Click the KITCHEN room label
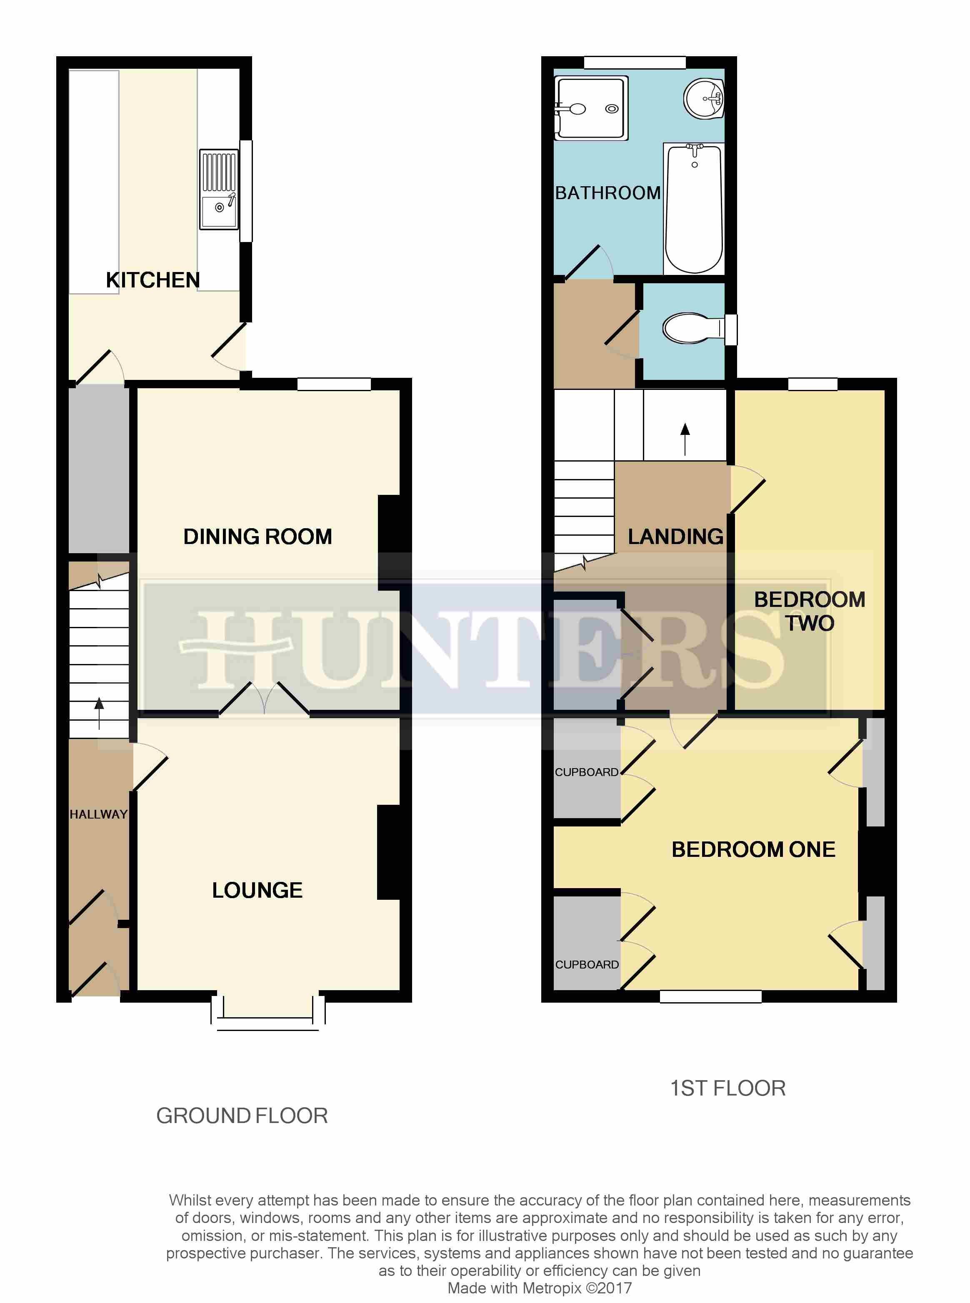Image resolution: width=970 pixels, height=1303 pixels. tap(152, 280)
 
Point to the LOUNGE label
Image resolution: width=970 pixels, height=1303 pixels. tap(257, 890)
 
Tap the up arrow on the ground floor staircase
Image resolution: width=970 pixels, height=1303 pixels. tap(99, 713)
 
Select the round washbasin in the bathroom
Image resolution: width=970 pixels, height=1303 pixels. tap(703, 98)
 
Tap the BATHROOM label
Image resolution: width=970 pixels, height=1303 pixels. tap(608, 193)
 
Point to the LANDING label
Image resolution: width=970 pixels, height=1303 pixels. tap(675, 537)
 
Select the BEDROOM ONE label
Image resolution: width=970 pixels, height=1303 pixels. tap(753, 849)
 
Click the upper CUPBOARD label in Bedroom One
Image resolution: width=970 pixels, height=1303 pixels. tap(587, 772)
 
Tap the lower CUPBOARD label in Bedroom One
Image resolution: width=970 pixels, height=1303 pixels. tap(587, 964)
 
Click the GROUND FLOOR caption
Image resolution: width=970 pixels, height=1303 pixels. tap(242, 1116)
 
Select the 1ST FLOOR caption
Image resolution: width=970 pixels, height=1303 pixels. tap(727, 1088)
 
